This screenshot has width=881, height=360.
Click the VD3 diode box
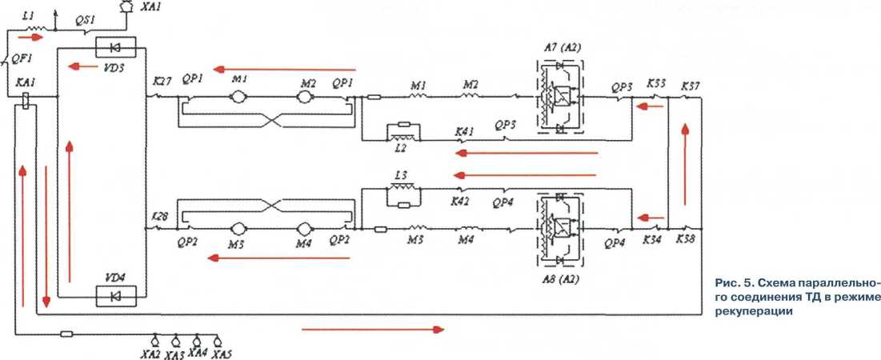(x=115, y=46)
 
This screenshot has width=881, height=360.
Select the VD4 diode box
(x=115, y=296)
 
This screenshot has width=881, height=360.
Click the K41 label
(x=464, y=130)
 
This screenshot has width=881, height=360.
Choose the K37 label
(x=690, y=85)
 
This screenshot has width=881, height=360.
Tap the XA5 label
(x=222, y=353)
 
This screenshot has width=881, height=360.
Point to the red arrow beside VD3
(x=79, y=66)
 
